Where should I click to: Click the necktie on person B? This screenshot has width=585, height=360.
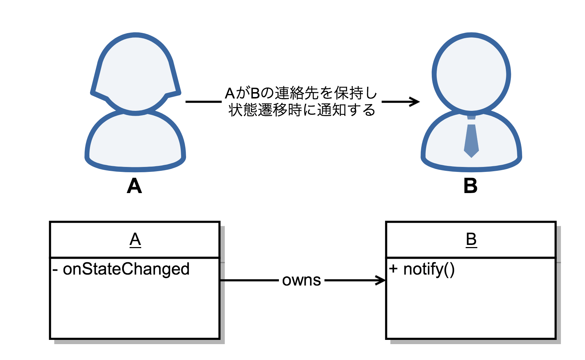tap(471, 139)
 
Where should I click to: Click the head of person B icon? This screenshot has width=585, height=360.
tap(471, 74)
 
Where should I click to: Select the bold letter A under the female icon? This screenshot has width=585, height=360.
tap(135, 186)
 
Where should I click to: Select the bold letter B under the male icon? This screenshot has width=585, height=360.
tap(470, 186)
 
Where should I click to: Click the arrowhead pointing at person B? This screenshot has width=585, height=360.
tap(415, 102)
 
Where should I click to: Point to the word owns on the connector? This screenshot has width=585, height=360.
tap(302, 280)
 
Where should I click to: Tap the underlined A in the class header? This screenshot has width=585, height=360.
tap(135, 240)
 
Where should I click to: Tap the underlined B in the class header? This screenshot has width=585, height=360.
tap(471, 240)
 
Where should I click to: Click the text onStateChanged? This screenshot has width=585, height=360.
tap(126, 269)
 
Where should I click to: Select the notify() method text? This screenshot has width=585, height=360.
tap(429, 269)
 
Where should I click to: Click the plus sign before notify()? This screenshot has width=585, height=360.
tap(393, 269)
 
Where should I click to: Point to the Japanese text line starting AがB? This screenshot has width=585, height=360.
tap(301, 94)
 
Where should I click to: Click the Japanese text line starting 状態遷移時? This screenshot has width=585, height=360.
tap(301, 110)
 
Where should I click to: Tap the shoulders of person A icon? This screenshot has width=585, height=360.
tap(135, 141)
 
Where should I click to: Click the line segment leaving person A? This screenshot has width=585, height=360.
tap(203, 102)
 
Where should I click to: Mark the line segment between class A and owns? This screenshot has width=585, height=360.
tap(249, 281)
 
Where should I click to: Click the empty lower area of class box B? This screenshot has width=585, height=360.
tap(471, 311)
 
